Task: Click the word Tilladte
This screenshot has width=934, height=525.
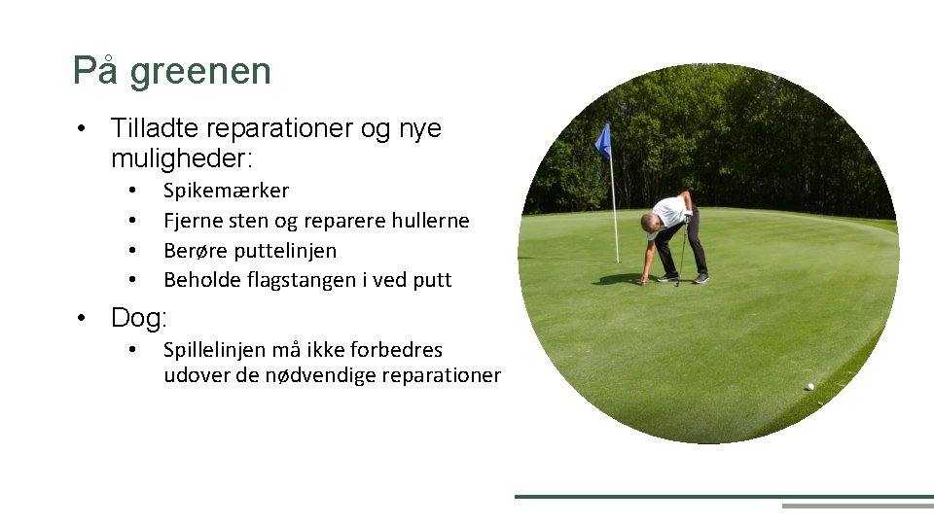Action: (x=157, y=128)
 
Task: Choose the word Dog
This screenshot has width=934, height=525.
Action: (x=137, y=318)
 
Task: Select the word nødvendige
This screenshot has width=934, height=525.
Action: (x=318, y=376)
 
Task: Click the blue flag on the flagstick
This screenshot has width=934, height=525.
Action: (x=603, y=142)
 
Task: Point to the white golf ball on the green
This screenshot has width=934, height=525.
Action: (x=809, y=386)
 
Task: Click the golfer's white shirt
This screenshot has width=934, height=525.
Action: (x=669, y=211)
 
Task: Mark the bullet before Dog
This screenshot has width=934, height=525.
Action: (x=86, y=318)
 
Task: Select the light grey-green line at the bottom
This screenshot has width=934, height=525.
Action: (x=856, y=506)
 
